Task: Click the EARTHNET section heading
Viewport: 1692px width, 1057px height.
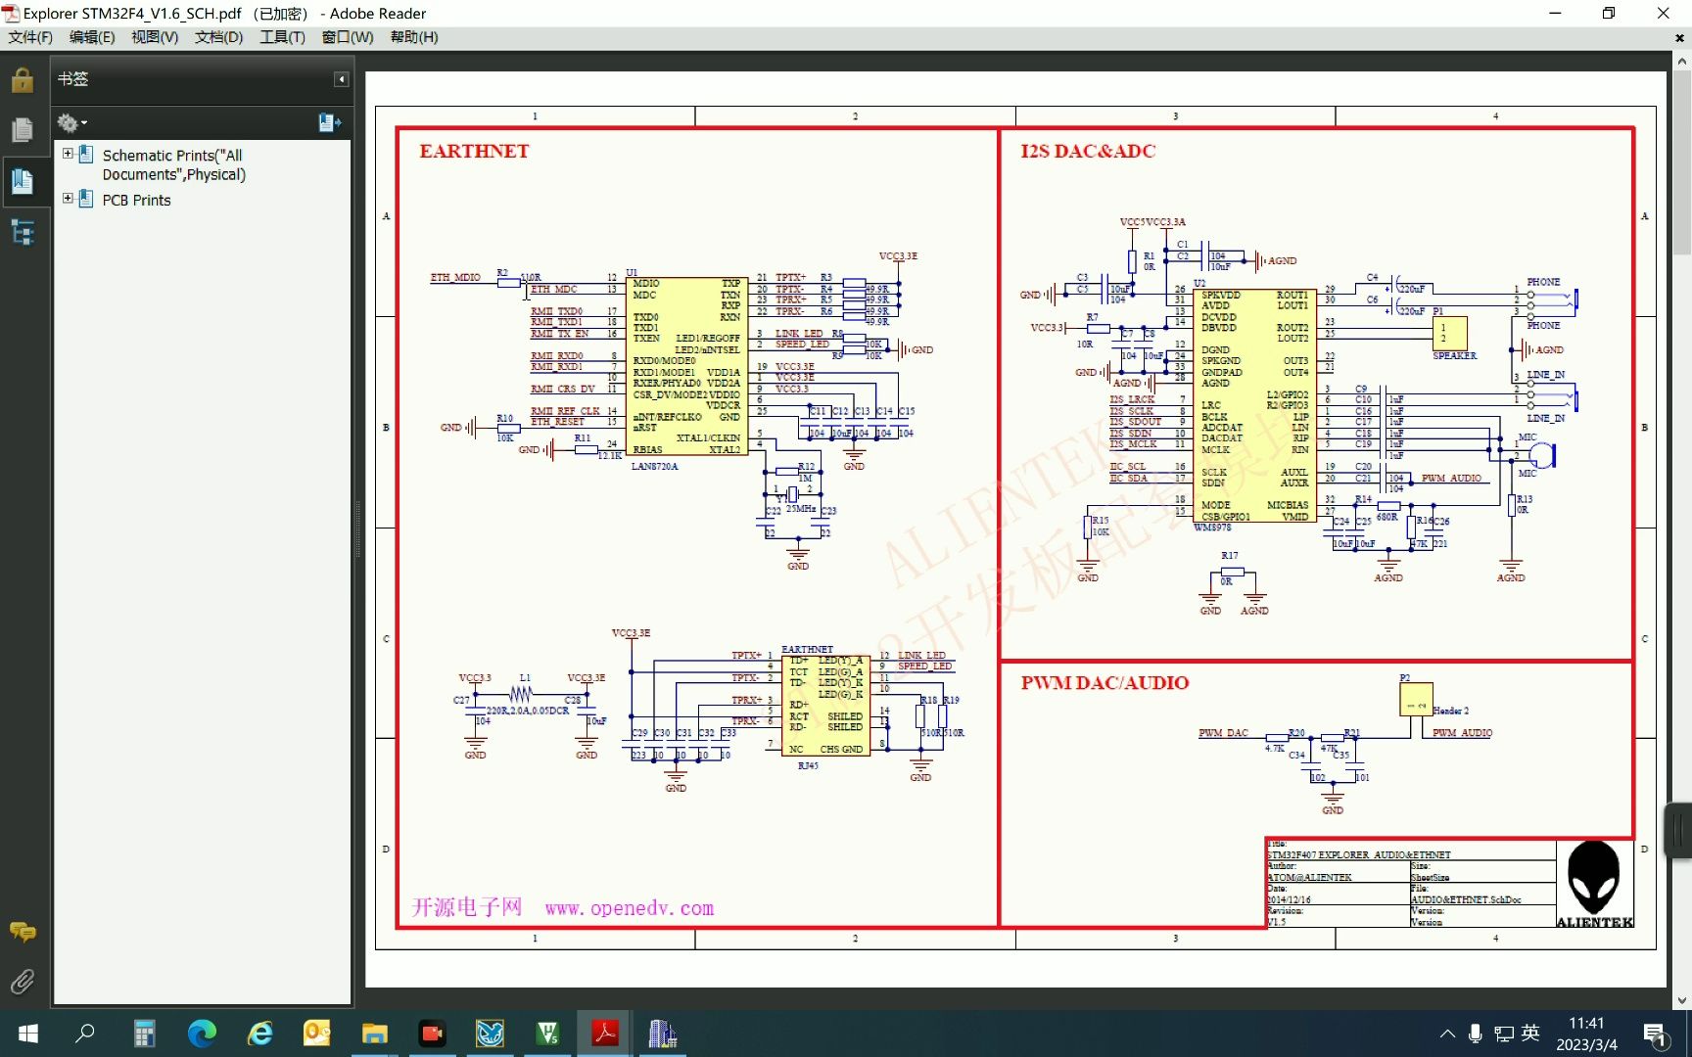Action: (x=474, y=151)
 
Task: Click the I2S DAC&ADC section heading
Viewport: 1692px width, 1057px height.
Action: (x=1088, y=151)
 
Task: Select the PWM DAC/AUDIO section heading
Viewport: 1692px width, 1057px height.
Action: (x=1104, y=682)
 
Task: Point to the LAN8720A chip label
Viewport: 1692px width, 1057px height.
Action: (x=654, y=466)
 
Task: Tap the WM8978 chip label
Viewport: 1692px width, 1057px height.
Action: (x=1212, y=528)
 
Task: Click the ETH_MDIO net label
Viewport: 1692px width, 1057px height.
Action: (x=455, y=277)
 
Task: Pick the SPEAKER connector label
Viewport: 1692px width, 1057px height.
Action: (x=1454, y=356)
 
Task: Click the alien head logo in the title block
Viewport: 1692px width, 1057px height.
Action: (x=1594, y=878)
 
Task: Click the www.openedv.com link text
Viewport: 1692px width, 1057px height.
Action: (x=630, y=908)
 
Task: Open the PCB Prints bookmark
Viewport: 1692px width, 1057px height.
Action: (x=136, y=200)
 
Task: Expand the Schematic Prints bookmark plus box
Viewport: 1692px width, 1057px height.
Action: (x=68, y=154)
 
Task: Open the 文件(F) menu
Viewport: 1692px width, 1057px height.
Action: (x=30, y=37)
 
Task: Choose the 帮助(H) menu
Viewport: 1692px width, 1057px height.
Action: (x=414, y=37)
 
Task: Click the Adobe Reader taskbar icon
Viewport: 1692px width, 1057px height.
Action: (x=605, y=1033)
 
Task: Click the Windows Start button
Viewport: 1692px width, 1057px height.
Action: (x=28, y=1033)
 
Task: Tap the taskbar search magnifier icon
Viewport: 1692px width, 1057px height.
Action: (x=85, y=1033)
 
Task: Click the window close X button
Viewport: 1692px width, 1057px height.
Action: (x=1663, y=13)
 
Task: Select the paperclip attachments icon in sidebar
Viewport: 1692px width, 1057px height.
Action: (x=22, y=981)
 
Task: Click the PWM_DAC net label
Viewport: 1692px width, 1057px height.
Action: (x=1223, y=733)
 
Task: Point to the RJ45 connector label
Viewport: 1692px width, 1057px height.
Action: (x=808, y=765)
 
